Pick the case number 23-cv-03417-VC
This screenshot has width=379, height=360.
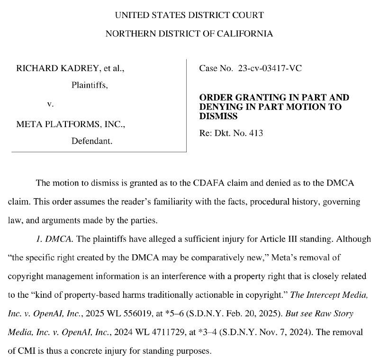pyautogui.click(x=270, y=69)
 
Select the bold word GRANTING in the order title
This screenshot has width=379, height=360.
pyautogui.click(x=251, y=98)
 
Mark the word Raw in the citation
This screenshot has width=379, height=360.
pyautogui.click(x=325, y=314)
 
